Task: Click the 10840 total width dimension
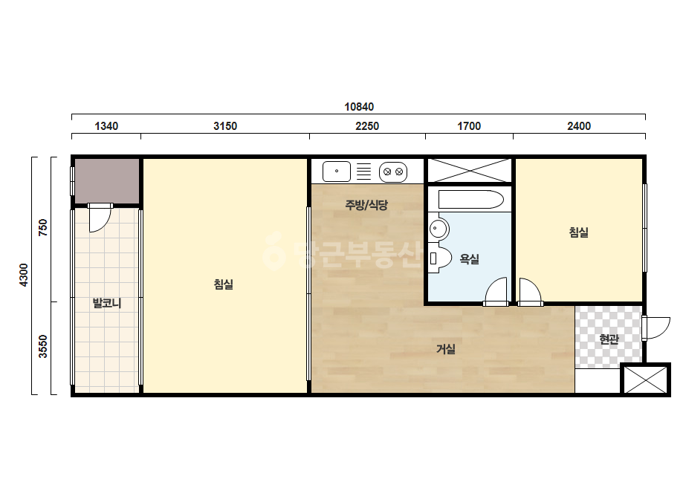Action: pyautogui.click(x=359, y=107)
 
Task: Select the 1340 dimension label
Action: pyautogui.click(x=106, y=126)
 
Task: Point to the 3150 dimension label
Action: pyautogui.click(x=225, y=126)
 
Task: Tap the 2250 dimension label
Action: pyautogui.click(x=367, y=126)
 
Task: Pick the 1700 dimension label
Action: pyautogui.click(x=469, y=126)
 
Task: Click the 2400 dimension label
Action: pyautogui.click(x=579, y=126)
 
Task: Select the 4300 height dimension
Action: pyautogui.click(x=24, y=275)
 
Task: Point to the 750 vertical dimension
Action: pyautogui.click(x=43, y=228)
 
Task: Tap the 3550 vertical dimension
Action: pyautogui.click(x=43, y=346)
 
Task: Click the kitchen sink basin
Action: pyautogui.click(x=337, y=171)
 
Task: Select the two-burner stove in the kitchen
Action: pyautogui.click(x=393, y=172)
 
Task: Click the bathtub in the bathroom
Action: pyautogui.click(x=470, y=200)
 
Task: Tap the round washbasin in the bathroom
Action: pyautogui.click(x=439, y=228)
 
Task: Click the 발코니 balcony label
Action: pyautogui.click(x=107, y=302)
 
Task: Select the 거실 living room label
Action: pyautogui.click(x=446, y=348)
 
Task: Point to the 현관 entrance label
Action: pyautogui.click(x=609, y=339)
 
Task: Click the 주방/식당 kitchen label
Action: pyautogui.click(x=366, y=205)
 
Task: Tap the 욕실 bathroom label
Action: pyautogui.click(x=470, y=259)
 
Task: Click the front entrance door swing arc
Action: pyautogui.click(x=663, y=331)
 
